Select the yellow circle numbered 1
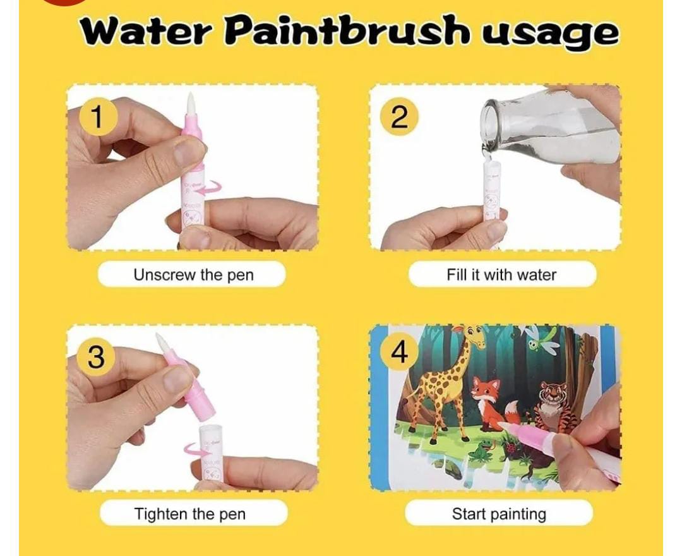99,117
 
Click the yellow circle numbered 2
399,117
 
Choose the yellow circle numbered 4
399,353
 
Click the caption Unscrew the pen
193,275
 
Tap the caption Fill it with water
501,275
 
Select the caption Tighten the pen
189,514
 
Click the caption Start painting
499,514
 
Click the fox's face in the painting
483,387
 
